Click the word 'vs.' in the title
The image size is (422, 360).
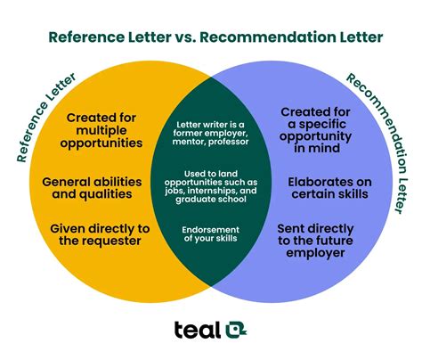point(185,37)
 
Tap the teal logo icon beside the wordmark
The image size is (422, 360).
point(236,330)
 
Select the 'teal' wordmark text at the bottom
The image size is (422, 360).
point(198,330)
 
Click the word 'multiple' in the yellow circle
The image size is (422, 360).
point(101,130)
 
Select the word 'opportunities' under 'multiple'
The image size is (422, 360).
point(101,143)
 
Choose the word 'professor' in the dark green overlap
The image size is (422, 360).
point(228,142)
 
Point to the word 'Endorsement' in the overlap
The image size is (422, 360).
point(210,230)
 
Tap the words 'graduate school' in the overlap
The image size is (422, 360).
point(211,199)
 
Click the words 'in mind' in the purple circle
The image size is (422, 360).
point(317,148)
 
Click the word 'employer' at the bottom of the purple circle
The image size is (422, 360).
point(315,253)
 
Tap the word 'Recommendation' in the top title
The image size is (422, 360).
point(267,37)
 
